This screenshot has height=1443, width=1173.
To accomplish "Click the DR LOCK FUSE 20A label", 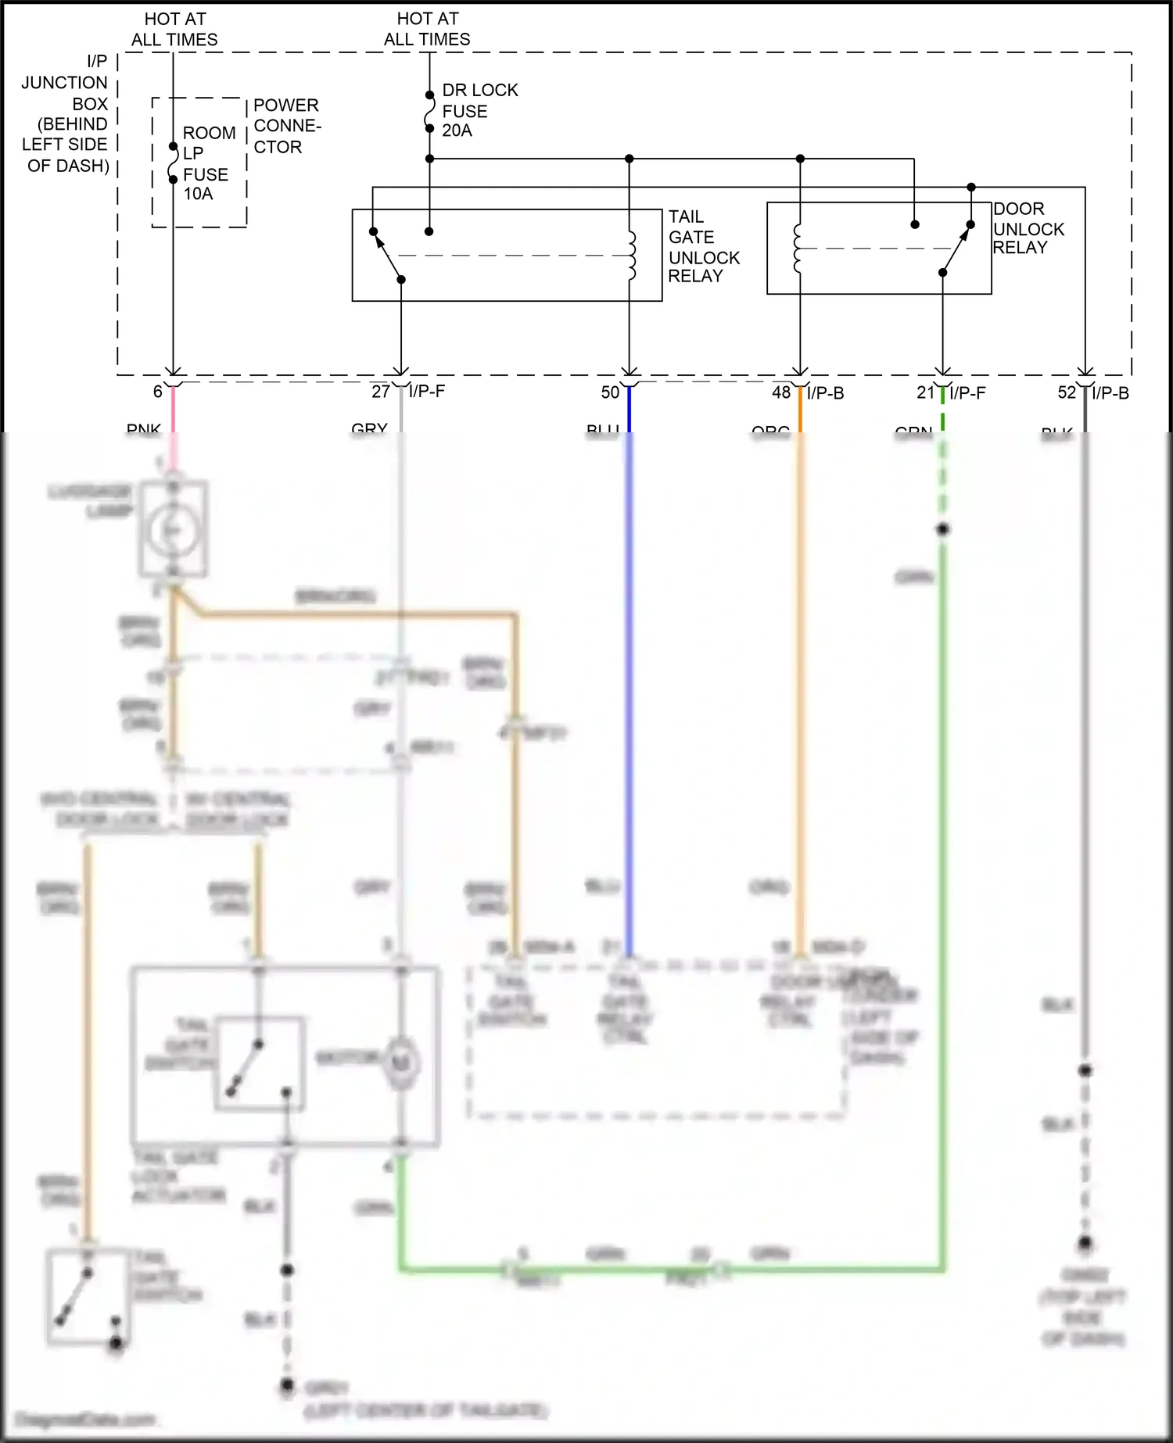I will point(479,110).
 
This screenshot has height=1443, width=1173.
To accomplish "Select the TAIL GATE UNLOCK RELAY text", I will point(702,246).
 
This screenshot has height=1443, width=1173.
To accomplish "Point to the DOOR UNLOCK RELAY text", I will point(1028,228).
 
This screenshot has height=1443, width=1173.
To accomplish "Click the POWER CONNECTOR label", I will point(286,126).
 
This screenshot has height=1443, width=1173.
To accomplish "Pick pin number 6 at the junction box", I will point(157,392).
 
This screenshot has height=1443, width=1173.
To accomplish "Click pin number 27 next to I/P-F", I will point(380,392).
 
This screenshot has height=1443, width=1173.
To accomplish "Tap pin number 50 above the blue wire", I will point(610,392).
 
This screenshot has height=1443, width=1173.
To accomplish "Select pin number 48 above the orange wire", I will point(781,392).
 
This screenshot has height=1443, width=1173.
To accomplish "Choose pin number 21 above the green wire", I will point(926,392).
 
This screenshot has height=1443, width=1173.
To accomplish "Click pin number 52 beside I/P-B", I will point(1067,392).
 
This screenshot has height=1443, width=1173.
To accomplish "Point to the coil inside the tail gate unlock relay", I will point(631,256).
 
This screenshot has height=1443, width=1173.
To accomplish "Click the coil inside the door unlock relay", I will point(798,249).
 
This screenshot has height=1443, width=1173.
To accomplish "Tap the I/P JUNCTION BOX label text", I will point(66,113).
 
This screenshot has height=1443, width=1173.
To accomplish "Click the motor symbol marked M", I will point(401,1062).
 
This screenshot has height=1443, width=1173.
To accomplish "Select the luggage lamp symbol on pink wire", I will point(173,529).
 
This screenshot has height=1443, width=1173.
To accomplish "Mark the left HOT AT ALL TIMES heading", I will point(174,29).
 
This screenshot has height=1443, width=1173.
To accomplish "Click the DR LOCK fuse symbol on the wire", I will point(429,112).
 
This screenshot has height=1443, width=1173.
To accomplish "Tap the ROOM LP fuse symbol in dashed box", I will point(173,163).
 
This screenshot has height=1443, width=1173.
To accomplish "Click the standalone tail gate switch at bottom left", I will point(87,1296).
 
